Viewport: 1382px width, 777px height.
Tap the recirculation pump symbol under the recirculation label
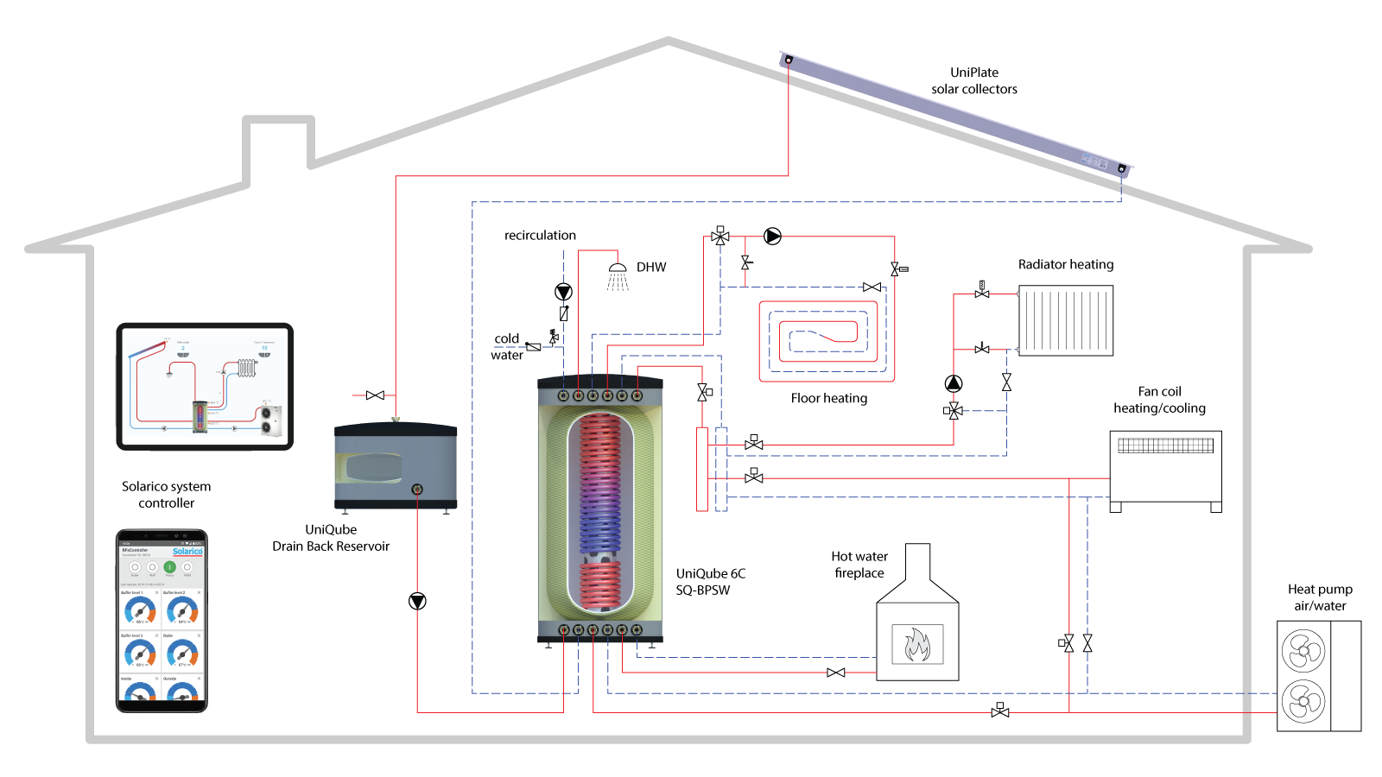click(x=563, y=292)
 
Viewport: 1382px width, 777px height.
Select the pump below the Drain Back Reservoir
click(x=417, y=601)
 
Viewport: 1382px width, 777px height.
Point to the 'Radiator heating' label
click(x=1065, y=264)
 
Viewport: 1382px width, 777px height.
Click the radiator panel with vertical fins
click(x=1066, y=320)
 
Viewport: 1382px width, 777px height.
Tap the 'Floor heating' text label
click(x=828, y=398)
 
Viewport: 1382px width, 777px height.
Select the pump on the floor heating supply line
click(x=772, y=236)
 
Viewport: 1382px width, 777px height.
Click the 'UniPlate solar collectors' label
click(x=973, y=80)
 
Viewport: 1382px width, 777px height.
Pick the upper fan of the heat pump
click(x=1303, y=651)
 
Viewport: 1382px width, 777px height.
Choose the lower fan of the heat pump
click(x=1303, y=701)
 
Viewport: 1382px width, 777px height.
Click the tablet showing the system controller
click(x=205, y=386)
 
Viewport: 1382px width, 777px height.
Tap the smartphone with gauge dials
click(x=162, y=621)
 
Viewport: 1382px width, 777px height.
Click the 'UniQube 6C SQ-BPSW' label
click(x=710, y=582)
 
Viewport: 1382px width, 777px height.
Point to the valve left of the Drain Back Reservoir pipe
click(x=375, y=395)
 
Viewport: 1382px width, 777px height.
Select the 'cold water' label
click(x=506, y=346)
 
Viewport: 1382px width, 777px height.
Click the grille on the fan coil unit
click(x=1165, y=445)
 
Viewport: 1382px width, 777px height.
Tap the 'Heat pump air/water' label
click(x=1320, y=597)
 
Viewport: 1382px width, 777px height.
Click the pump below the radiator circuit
click(x=953, y=383)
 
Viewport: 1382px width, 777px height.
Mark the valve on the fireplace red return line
click(x=835, y=673)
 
